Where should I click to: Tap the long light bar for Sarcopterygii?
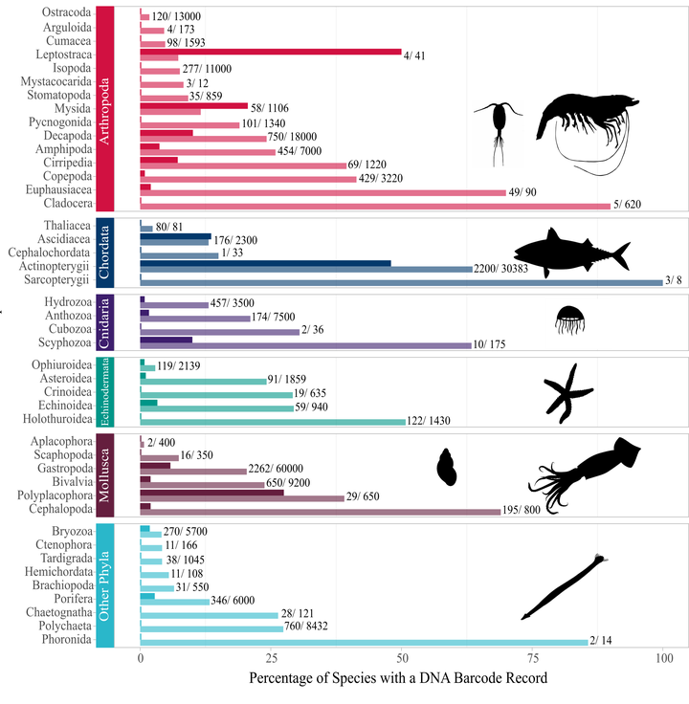pos(402,282)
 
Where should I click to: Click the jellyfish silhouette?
pos(570,319)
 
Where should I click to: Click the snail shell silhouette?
pos(447,467)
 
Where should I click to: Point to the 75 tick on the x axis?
pos(533,659)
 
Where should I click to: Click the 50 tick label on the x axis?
pos(402,659)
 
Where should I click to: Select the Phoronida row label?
pos(65,639)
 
